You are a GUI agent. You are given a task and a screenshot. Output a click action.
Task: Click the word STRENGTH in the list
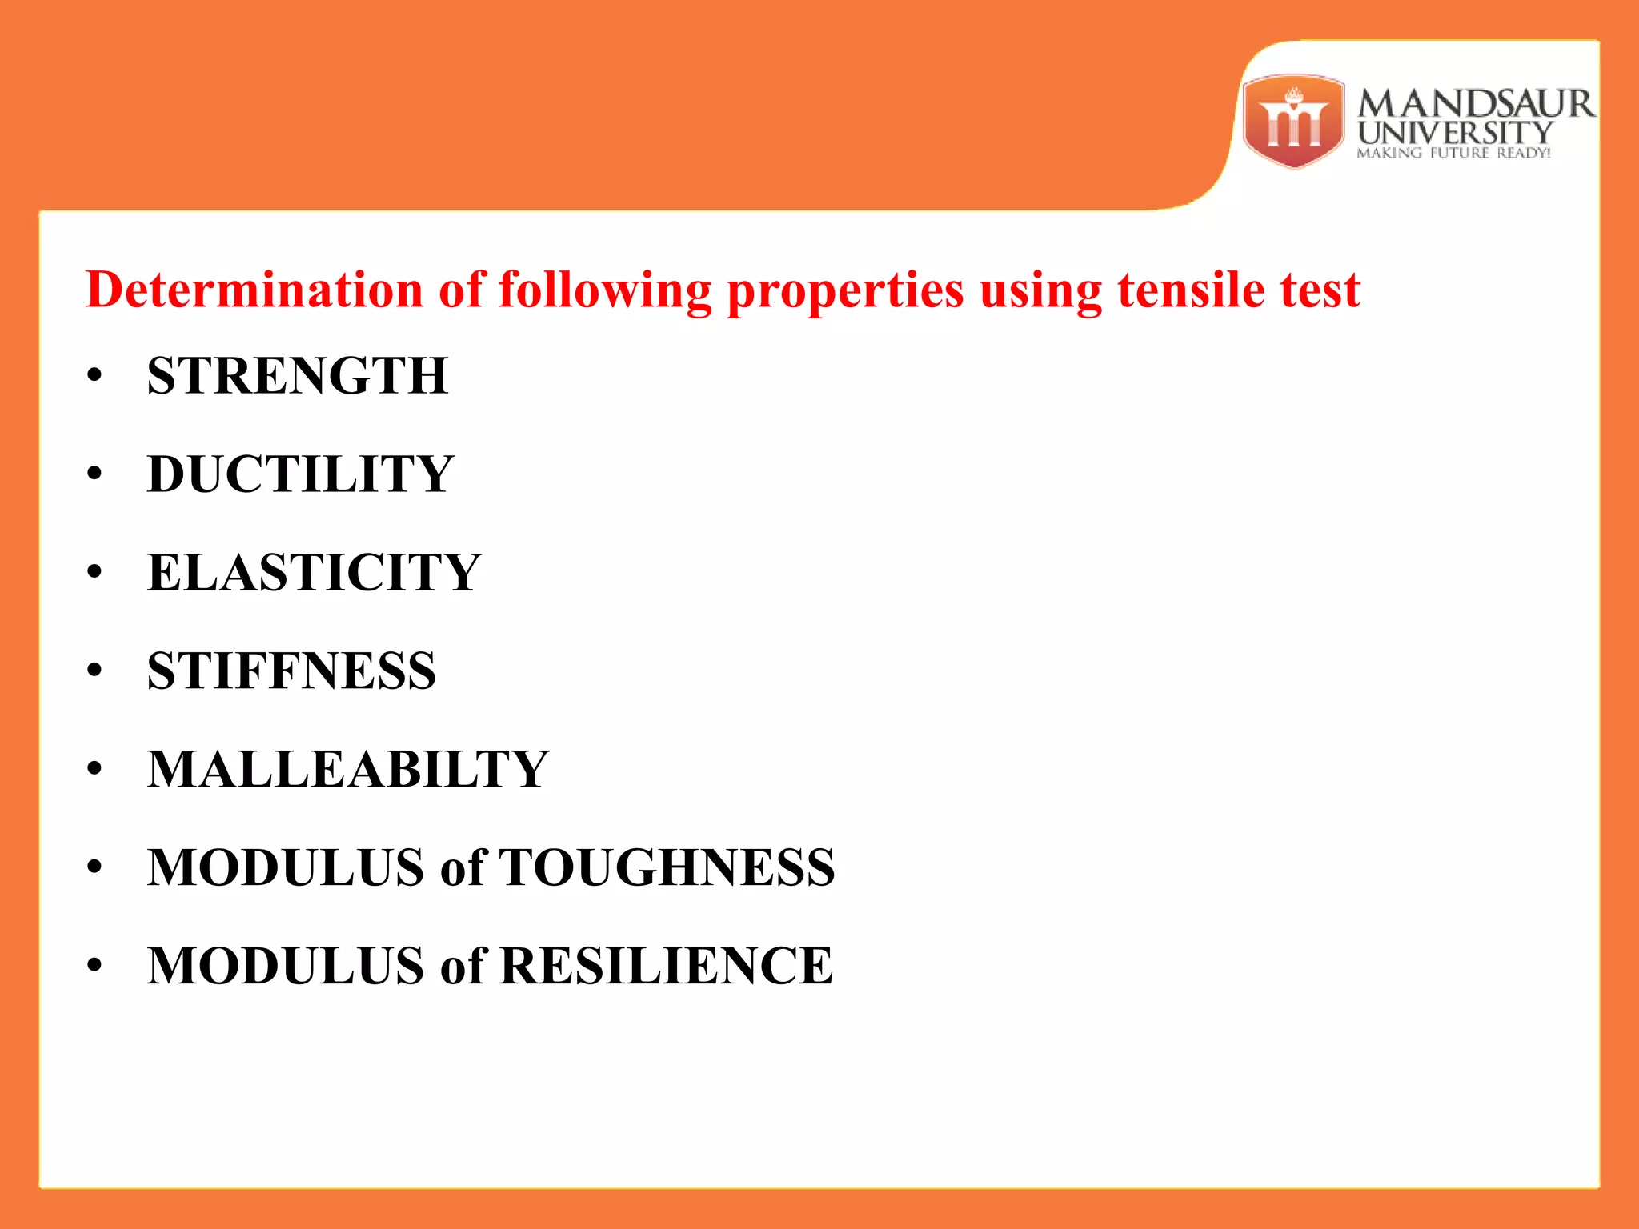coord(297,375)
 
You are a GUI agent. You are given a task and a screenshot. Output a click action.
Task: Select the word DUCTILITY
coord(300,474)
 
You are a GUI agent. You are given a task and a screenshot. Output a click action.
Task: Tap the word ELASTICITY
coord(314,572)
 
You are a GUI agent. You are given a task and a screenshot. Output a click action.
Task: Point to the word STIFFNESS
coord(291,671)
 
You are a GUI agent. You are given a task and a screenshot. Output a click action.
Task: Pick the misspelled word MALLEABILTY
coord(348,769)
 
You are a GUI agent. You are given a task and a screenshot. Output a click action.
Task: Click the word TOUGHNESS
coord(667,867)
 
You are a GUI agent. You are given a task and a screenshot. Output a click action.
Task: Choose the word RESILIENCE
coord(666,966)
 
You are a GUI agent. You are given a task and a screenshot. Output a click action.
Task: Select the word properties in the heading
coord(844,290)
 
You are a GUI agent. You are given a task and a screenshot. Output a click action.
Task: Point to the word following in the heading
coord(604,290)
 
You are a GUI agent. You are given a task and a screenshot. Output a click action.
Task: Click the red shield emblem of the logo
coord(1293,122)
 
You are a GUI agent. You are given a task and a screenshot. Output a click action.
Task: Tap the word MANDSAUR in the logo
coord(1475,104)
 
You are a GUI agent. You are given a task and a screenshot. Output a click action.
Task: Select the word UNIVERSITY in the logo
coord(1455,133)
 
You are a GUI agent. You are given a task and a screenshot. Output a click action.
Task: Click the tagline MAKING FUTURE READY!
coord(1453,153)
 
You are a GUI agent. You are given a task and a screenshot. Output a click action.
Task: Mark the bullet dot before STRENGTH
coord(95,375)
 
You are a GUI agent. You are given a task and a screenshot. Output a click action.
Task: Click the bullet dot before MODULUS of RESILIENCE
coord(95,966)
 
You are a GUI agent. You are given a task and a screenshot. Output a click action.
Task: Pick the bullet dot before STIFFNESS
coord(95,671)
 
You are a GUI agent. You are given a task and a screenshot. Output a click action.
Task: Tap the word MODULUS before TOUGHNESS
coord(286,867)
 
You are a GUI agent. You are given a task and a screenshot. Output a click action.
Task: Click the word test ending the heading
coord(1320,289)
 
